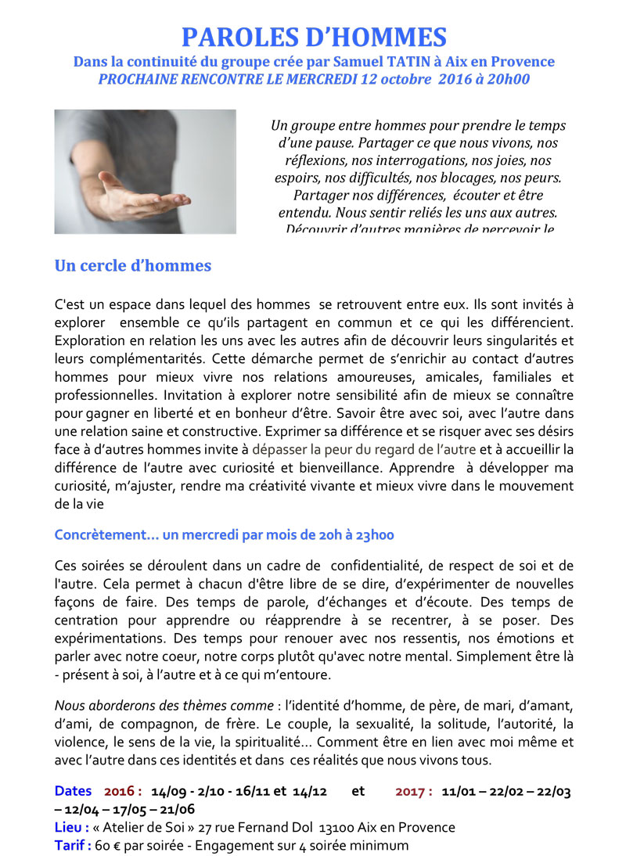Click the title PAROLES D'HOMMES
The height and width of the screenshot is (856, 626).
[x=314, y=37]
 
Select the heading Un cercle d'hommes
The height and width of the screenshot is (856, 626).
[x=133, y=266]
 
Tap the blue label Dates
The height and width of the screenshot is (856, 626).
[x=73, y=792]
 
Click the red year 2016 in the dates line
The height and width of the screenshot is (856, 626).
[x=120, y=792]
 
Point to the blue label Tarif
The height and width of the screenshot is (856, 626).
[x=72, y=846]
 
